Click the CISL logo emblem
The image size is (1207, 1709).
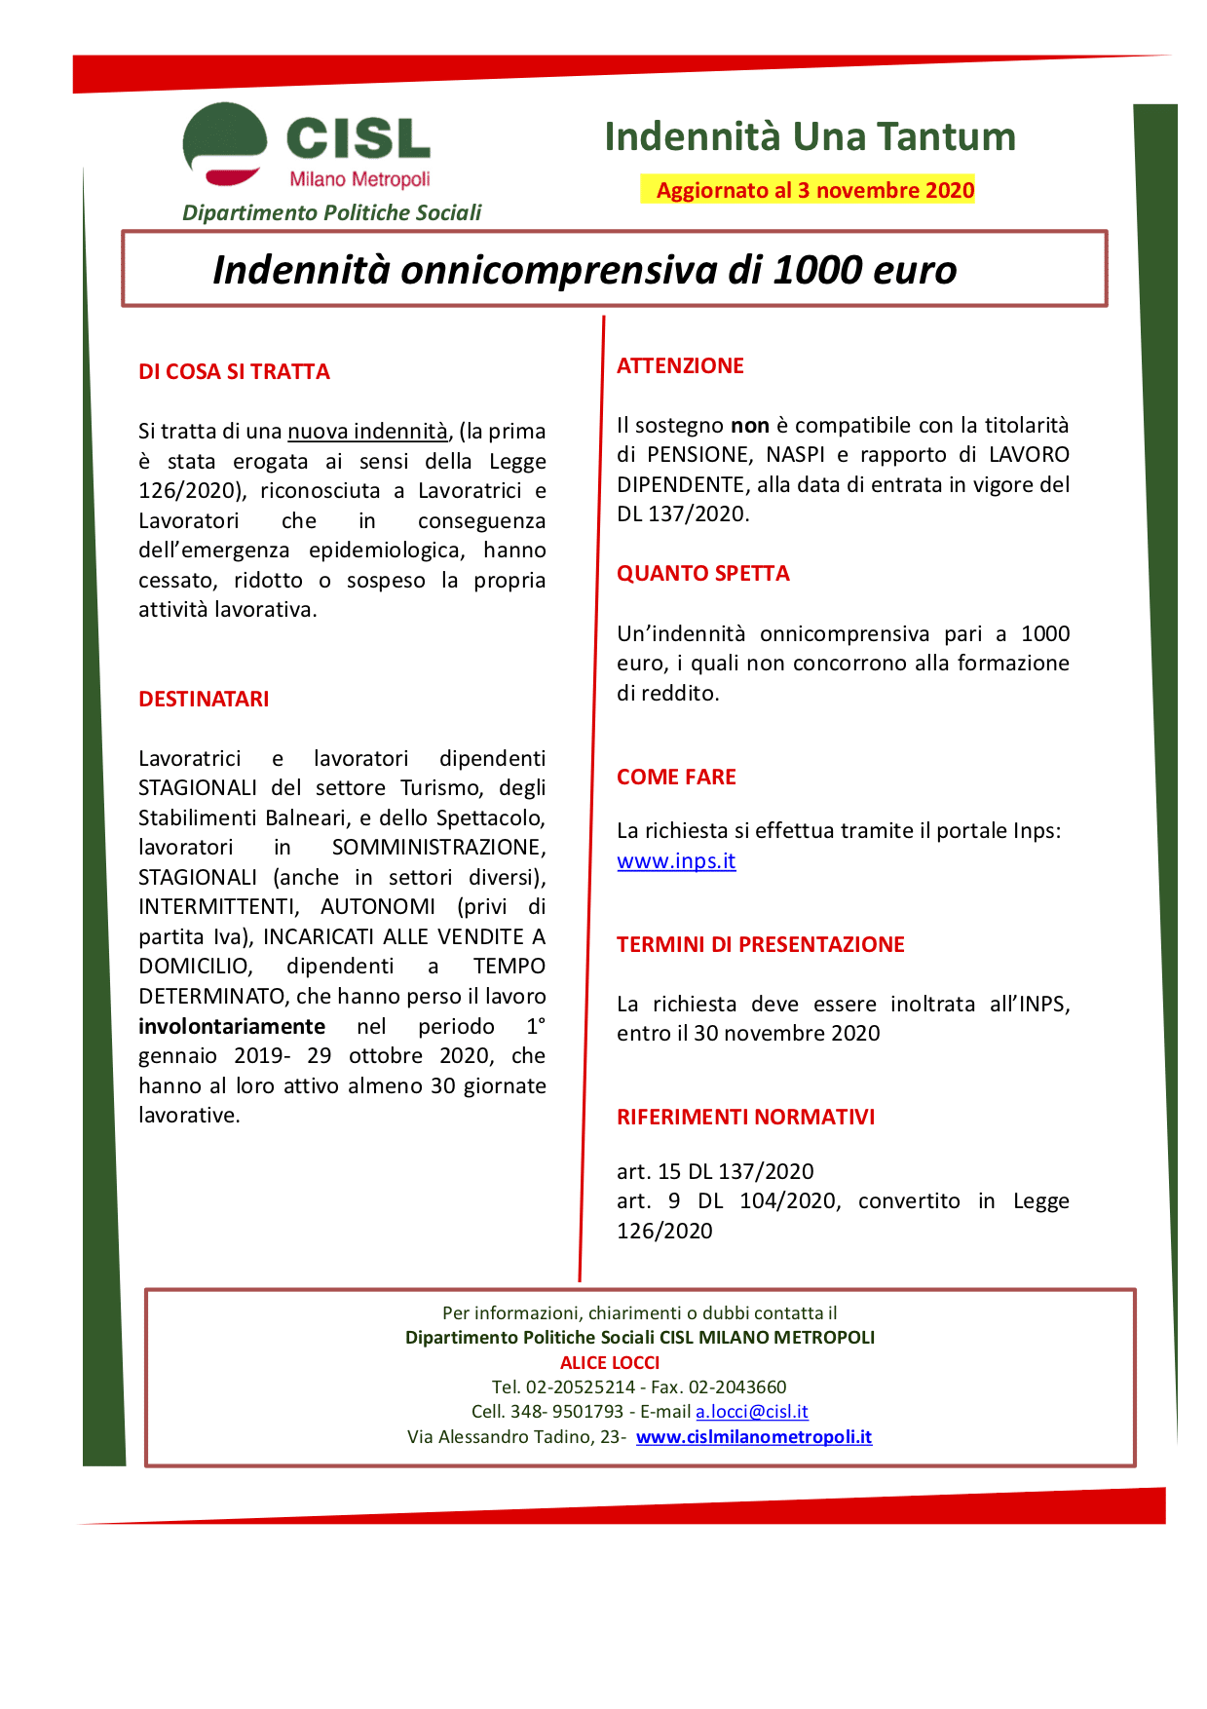[x=225, y=144]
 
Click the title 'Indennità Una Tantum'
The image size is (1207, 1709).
[x=810, y=137]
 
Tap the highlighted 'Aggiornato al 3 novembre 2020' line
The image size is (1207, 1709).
[x=814, y=190]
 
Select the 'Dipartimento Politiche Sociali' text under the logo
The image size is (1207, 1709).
[x=331, y=212]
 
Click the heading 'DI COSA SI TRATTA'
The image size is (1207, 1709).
[x=234, y=371]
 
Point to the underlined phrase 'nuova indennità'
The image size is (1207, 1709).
[x=367, y=431]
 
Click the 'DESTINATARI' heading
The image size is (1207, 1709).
[x=204, y=699]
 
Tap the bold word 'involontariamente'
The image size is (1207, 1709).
[x=232, y=1026]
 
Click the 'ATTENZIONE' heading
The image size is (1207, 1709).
[x=680, y=365]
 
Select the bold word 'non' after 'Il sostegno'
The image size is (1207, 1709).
[x=749, y=425]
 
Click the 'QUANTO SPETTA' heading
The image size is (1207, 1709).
[x=702, y=573]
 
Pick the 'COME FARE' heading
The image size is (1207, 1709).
[x=676, y=777]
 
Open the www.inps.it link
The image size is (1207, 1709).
[x=676, y=861]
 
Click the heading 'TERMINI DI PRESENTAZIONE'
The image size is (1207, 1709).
[x=760, y=944]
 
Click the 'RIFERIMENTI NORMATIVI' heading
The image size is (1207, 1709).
[x=745, y=1117]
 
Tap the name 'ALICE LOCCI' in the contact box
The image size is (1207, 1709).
[x=610, y=1362]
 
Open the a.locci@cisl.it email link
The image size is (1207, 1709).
[x=751, y=1412]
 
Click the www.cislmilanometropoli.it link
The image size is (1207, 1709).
[x=753, y=1437]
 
